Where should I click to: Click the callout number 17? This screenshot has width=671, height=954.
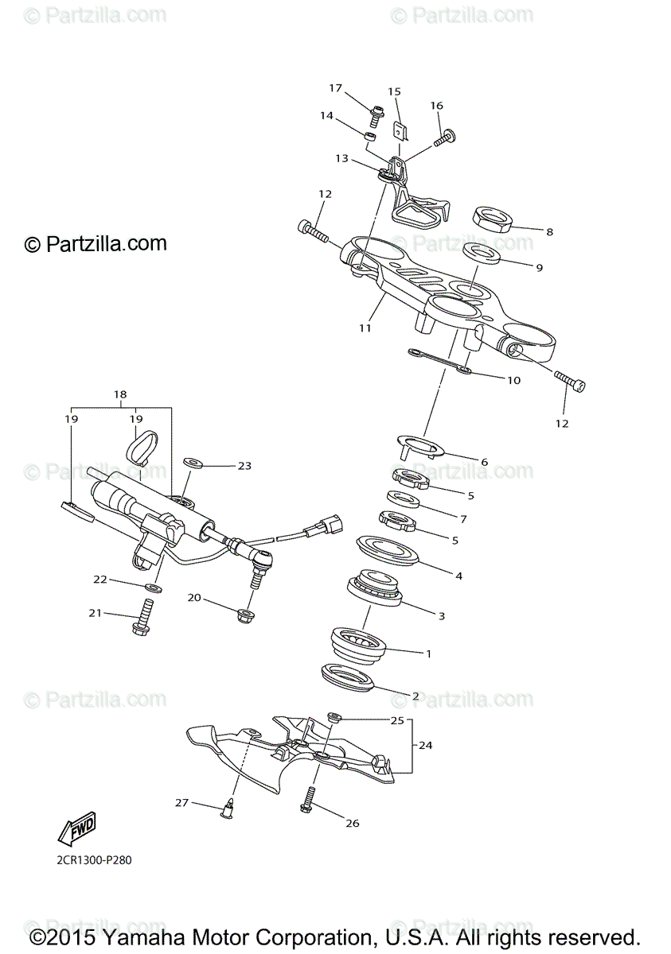[x=335, y=88]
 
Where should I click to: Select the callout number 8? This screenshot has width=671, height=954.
[x=549, y=231]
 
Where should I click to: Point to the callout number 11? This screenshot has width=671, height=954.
[x=365, y=327]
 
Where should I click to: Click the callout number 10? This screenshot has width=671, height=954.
[x=513, y=380]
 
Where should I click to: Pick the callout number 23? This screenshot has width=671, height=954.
[x=244, y=466]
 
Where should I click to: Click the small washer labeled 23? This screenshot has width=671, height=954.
[x=193, y=461]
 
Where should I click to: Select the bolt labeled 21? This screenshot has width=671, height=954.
[x=143, y=620]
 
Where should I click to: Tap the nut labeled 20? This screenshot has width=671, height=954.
[x=246, y=615]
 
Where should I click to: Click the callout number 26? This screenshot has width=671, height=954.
[x=353, y=823]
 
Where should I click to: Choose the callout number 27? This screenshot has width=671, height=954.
[x=182, y=803]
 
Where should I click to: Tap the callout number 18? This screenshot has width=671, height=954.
[x=120, y=394]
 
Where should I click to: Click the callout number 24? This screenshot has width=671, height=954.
[x=426, y=745]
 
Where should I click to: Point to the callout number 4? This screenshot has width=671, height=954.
[x=458, y=575]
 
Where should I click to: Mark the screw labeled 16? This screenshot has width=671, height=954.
[x=443, y=141]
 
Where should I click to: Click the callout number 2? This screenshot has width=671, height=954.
[x=415, y=696]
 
